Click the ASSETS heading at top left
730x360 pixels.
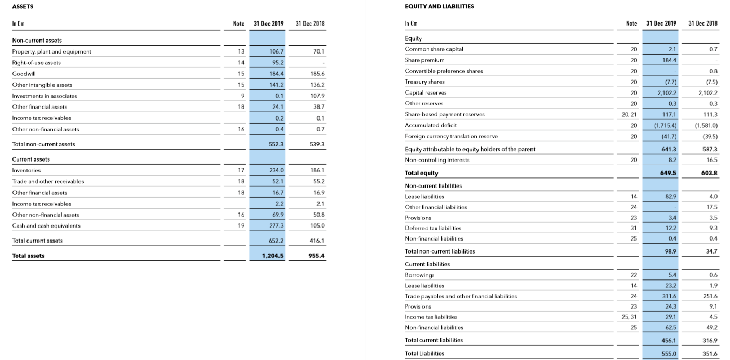point(22,6)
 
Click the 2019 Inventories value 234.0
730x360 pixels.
point(276,170)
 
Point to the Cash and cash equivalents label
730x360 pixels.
point(46,226)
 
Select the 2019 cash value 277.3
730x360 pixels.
point(276,226)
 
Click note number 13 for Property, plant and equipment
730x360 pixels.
point(241,51)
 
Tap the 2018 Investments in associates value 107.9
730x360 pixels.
point(316,96)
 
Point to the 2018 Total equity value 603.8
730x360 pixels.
point(708,173)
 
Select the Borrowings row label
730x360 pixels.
point(420,275)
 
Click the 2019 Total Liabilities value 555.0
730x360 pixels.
point(668,353)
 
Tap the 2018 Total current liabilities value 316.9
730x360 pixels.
point(709,340)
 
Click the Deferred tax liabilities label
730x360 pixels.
point(433,228)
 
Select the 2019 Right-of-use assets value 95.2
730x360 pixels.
point(276,63)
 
